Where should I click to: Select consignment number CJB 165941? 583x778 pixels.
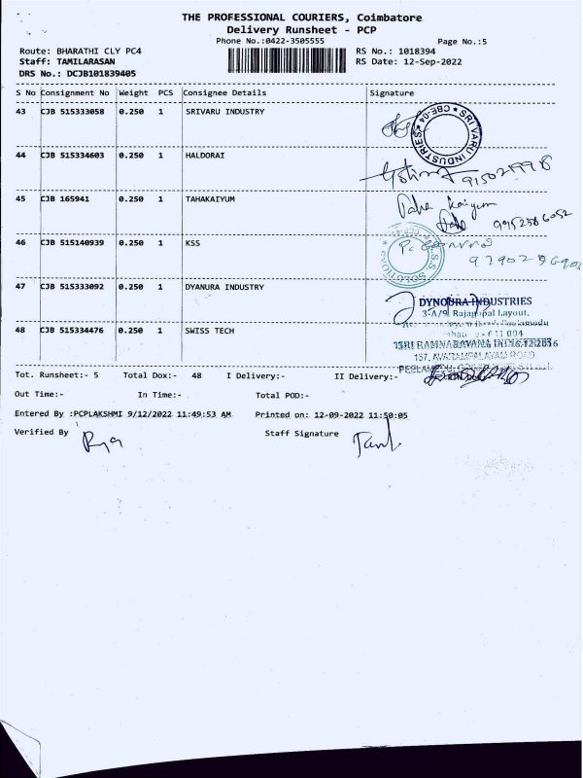point(65,199)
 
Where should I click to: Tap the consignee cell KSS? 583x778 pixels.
point(192,243)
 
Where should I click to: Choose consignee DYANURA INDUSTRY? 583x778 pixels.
point(224,287)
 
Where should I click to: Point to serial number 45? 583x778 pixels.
point(21,199)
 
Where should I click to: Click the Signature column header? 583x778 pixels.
point(393,92)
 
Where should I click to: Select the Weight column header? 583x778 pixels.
point(133,92)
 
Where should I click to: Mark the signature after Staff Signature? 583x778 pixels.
point(373,443)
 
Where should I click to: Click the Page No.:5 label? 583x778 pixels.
point(463,41)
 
